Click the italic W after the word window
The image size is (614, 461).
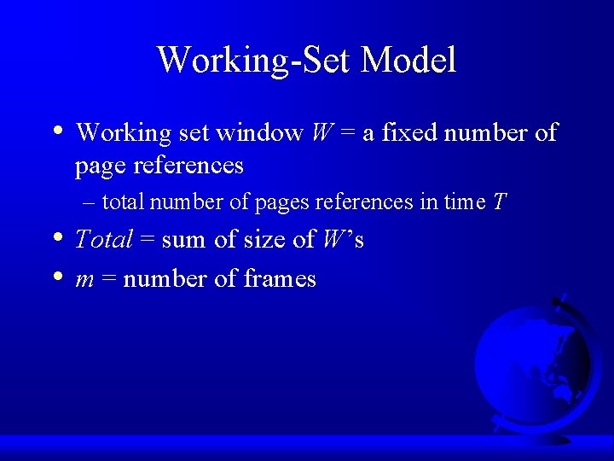coord(322,133)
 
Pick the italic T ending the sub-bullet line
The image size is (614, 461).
coord(500,202)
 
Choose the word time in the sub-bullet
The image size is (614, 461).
coord(465,202)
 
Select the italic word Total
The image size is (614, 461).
coord(104,240)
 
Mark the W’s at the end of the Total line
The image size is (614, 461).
coord(343,240)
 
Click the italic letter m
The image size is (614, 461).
coord(84,279)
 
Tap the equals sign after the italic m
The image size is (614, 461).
coord(108,279)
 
